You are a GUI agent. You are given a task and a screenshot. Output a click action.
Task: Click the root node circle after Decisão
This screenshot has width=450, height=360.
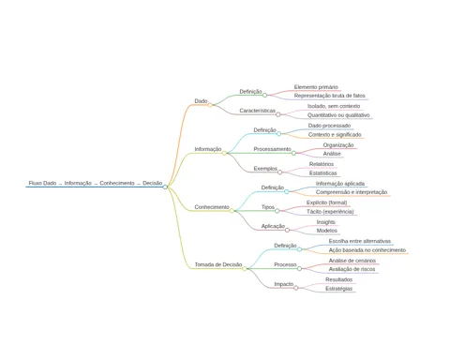[x=165, y=187]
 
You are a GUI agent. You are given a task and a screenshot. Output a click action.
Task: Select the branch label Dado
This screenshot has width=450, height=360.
[x=201, y=101]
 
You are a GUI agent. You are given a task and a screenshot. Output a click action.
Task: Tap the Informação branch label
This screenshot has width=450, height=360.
[x=208, y=149]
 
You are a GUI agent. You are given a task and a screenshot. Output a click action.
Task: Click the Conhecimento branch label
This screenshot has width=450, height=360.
[x=212, y=207]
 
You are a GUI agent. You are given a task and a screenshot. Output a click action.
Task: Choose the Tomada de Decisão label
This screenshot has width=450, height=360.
[x=218, y=264]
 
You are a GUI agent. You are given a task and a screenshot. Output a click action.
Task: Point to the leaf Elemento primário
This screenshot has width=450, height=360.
[x=316, y=87]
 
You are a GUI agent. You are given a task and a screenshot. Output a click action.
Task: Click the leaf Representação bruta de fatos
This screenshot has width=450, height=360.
[x=330, y=96]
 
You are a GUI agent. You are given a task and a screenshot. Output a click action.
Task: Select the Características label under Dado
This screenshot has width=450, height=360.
[x=258, y=111]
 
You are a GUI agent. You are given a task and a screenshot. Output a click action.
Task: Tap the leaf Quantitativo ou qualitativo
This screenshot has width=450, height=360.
[x=338, y=115]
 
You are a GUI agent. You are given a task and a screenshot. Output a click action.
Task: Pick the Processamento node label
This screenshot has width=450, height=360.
[x=272, y=149]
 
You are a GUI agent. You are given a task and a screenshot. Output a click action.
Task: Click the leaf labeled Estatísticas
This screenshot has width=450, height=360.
[x=323, y=173]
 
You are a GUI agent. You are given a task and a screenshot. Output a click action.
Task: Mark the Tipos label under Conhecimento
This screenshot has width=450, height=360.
[x=268, y=207]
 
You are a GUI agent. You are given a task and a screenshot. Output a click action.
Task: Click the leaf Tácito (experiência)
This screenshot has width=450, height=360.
[x=330, y=212]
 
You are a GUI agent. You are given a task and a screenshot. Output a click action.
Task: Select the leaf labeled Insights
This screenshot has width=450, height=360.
[x=326, y=222]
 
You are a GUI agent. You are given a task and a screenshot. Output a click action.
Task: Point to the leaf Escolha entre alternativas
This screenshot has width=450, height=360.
[x=360, y=241]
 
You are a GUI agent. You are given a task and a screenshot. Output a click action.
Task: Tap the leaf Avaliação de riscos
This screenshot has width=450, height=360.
[x=352, y=269]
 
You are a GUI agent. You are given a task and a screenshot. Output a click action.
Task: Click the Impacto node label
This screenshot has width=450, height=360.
[x=284, y=284]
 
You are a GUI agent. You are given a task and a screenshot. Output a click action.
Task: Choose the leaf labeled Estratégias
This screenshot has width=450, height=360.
[x=338, y=289]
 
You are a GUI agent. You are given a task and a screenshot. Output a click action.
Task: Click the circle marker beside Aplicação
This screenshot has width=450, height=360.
[x=287, y=230]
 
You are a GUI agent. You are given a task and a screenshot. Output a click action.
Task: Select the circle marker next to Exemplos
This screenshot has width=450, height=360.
[x=280, y=172]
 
